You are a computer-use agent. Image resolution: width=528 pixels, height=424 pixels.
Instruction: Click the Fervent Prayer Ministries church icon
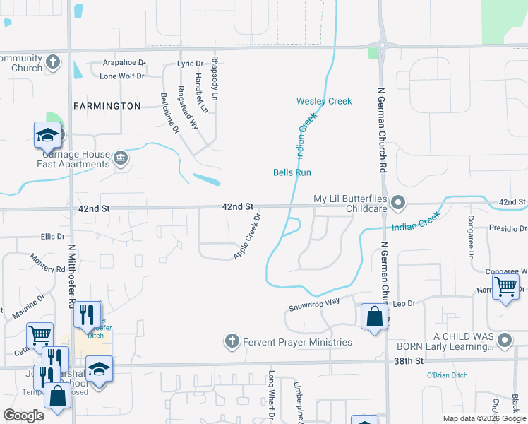231,343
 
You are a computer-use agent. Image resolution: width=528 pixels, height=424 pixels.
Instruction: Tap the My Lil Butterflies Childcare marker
398,204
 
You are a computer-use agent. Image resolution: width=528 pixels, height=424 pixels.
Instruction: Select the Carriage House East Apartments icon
120,157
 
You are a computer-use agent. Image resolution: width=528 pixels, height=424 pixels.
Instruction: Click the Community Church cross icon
52,63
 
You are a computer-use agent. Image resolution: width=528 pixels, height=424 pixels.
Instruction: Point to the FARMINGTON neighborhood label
107,106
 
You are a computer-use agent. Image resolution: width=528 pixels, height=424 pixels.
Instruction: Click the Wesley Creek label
324,101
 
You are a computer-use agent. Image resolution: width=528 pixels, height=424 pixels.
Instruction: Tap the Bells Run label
292,172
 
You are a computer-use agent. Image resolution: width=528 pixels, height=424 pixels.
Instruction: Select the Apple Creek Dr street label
248,236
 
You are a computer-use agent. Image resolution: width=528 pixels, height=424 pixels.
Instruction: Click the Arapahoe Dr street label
124,63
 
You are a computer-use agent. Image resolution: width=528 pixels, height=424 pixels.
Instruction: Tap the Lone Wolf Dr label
122,76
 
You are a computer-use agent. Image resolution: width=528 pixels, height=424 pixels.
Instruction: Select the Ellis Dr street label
53,236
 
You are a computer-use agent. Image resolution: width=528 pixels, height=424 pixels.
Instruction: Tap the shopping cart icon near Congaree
505,287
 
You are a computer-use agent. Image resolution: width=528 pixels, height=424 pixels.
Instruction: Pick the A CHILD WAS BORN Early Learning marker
504,341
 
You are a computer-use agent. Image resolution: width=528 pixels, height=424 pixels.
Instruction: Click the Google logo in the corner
24,416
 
